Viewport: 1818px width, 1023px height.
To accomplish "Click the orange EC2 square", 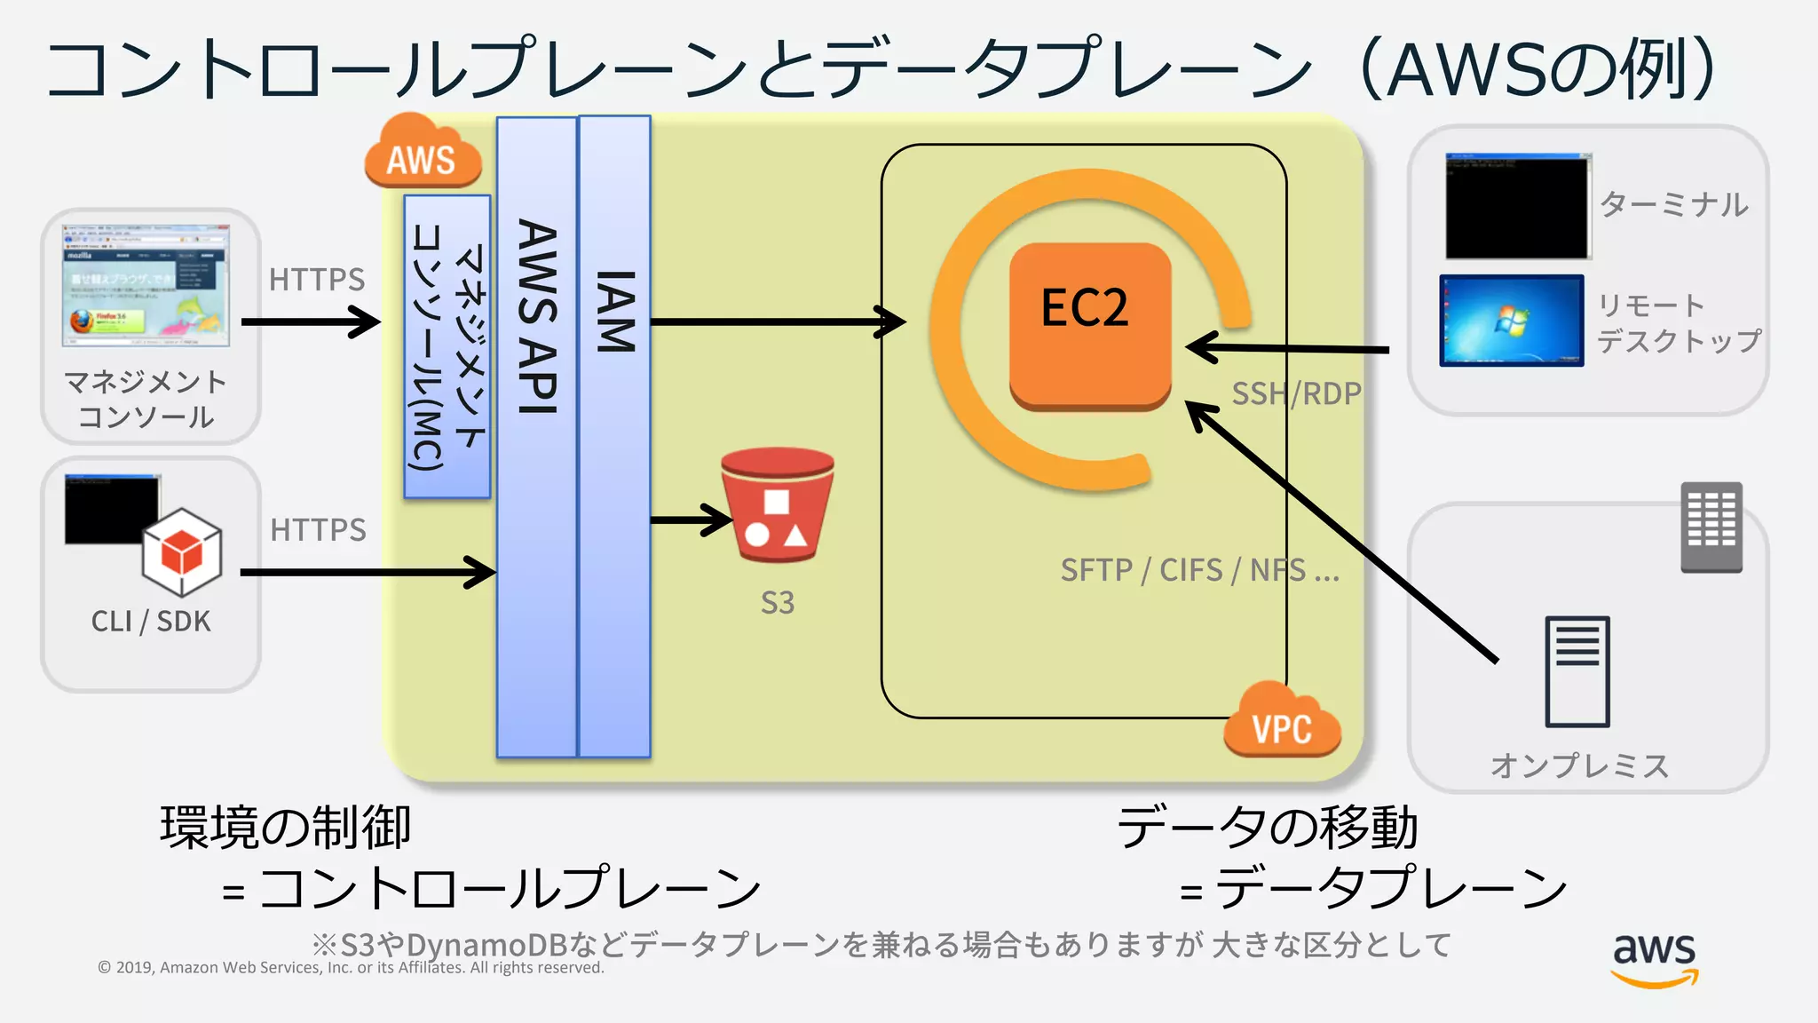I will [x=1090, y=324].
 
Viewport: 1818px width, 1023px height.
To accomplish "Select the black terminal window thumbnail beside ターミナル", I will [x=1517, y=207].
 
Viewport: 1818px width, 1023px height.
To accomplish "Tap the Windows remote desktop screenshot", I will [x=1511, y=321].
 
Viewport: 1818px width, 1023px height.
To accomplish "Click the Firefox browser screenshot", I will [x=146, y=285].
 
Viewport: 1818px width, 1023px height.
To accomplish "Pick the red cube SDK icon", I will [x=182, y=552].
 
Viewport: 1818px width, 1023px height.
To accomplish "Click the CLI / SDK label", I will [x=151, y=622].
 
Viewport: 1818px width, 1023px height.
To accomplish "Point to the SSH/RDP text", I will [x=1295, y=393].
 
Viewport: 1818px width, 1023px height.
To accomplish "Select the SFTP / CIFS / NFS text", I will [x=1199, y=570].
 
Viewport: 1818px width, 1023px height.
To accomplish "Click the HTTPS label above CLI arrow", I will [x=318, y=530].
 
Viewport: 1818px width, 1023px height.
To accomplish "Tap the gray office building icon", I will [x=1711, y=527].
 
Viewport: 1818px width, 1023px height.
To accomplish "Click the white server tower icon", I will [x=1577, y=671].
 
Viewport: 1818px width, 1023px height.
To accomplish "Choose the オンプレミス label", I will [x=1579, y=765].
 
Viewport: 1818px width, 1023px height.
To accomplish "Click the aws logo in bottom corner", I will [x=1654, y=959].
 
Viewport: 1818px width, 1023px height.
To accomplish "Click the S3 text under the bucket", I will [x=778, y=603].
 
